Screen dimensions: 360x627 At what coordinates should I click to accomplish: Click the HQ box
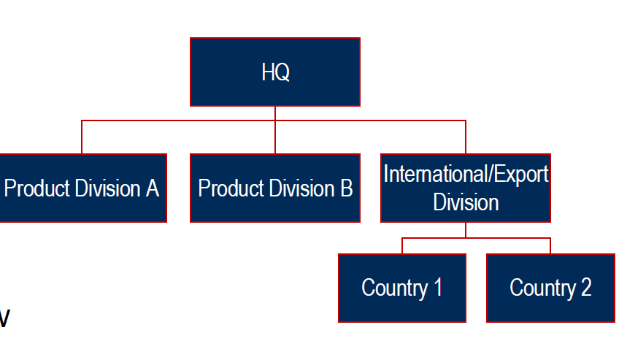pyautogui.click(x=275, y=72)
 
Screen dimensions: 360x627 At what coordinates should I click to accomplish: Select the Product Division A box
pyautogui.click(x=82, y=188)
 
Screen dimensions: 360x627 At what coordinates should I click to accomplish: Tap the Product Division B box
pyautogui.click(x=275, y=188)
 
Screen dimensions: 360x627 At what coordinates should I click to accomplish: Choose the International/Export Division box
pyautogui.click(x=466, y=188)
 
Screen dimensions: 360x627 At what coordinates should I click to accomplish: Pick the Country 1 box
pyautogui.click(x=402, y=288)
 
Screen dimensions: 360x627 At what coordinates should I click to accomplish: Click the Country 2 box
pyautogui.click(x=550, y=288)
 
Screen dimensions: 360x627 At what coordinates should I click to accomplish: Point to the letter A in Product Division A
pyautogui.click(x=152, y=188)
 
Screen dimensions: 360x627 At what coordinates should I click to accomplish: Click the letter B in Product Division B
pyautogui.click(x=346, y=188)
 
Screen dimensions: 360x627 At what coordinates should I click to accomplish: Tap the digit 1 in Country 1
pyautogui.click(x=437, y=288)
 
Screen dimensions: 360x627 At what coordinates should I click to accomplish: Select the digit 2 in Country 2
pyautogui.click(x=585, y=288)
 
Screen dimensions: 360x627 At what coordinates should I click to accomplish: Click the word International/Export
pyautogui.click(x=466, y=175)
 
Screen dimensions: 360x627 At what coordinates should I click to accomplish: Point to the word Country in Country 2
pyautogui.click(x=541, y=288)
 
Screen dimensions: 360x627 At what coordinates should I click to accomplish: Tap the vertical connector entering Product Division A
pyautogui.click(x=82, y=137)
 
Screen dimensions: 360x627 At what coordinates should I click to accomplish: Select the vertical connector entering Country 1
pyautogui.click(x=402, y=246)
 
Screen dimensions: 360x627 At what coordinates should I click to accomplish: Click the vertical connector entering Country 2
pyautogui.click(x=550, y=246)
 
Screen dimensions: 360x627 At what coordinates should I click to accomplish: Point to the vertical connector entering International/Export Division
pyautogui.click(x=466, y=137)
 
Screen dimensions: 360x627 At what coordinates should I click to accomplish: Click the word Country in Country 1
pyautogui.click(x=393, y=288)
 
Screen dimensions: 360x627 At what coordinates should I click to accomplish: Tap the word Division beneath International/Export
pyautogui.click(x=466, y=202)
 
